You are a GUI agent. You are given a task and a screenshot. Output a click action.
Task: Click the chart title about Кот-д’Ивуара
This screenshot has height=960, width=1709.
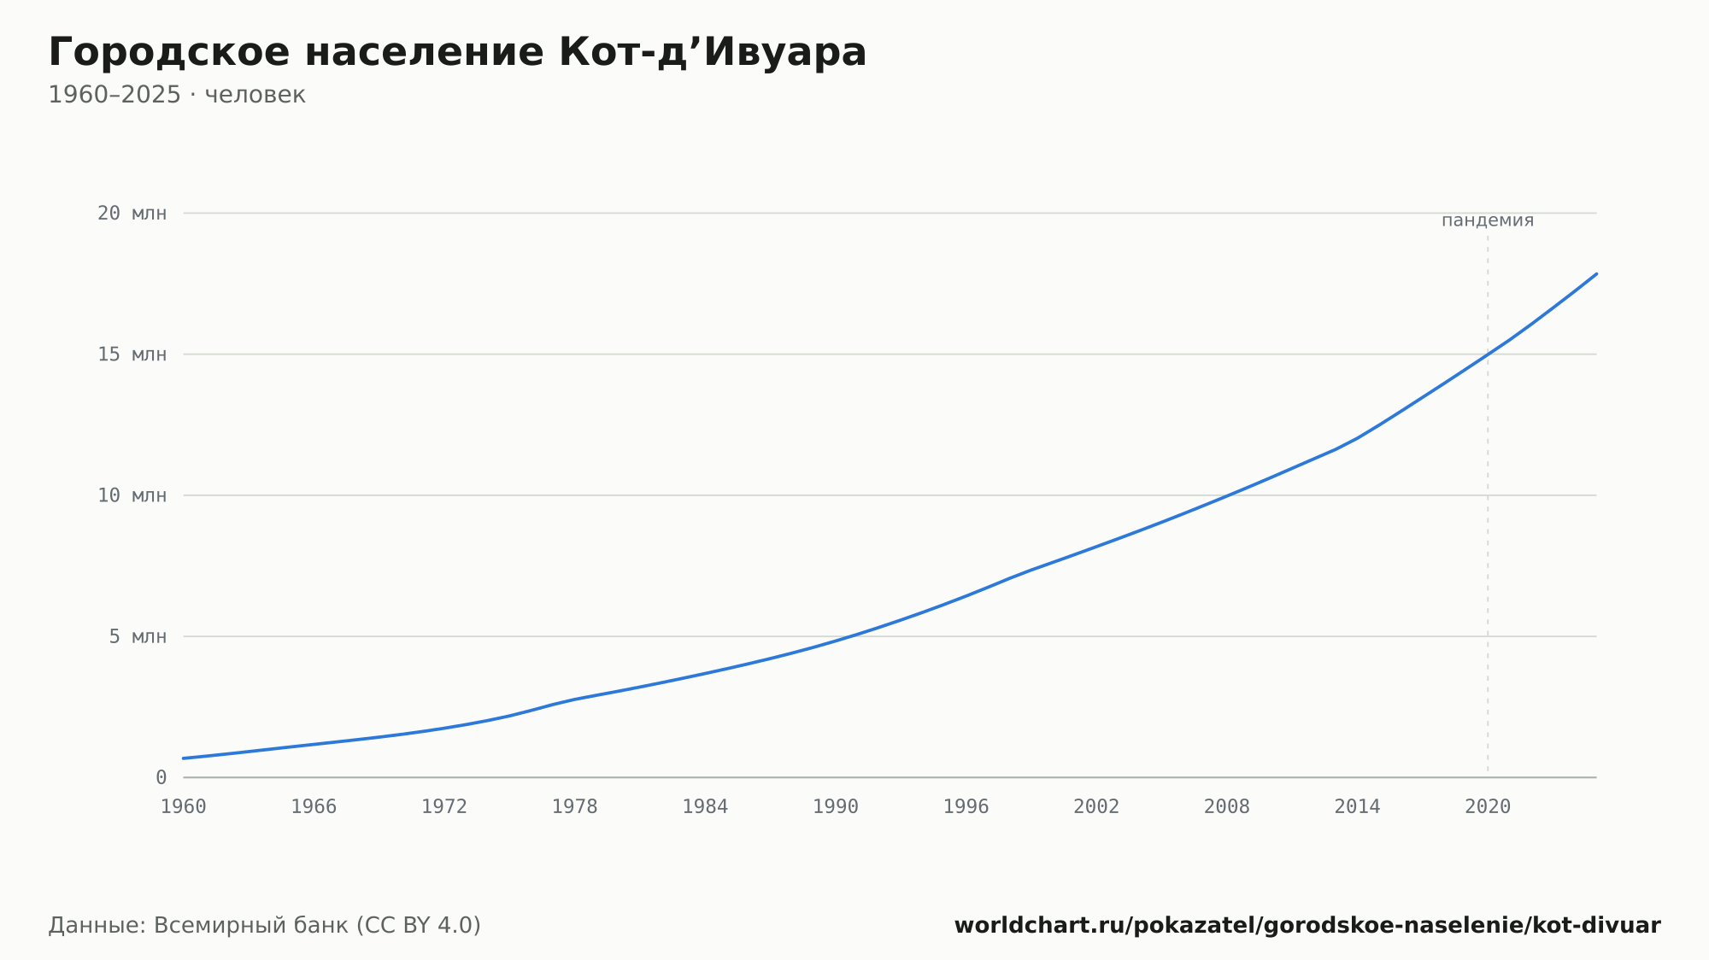coord(457,53)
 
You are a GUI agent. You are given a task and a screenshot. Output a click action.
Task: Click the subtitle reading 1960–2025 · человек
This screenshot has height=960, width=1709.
coord(177,95)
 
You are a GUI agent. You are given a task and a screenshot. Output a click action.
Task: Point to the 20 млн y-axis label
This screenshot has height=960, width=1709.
coord(132,214)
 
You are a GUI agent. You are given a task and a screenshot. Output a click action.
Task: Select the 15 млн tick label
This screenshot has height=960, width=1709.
coord(132,354)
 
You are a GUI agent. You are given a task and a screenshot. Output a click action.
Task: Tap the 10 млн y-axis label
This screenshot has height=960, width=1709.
coord(132,495)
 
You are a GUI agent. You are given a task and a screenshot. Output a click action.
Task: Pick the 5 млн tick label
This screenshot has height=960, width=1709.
coord(138,636)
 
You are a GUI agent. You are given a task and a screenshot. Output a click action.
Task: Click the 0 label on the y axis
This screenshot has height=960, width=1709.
coord(161,778)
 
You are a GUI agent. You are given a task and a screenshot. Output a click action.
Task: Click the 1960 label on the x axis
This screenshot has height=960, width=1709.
coord(184,807)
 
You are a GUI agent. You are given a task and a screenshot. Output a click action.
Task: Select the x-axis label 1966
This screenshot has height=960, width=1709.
coord(314,807)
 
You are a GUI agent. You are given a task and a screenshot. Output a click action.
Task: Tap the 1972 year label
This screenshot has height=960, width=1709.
coord(444,807)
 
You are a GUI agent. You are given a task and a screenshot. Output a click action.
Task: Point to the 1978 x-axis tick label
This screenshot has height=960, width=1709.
coord(574,807)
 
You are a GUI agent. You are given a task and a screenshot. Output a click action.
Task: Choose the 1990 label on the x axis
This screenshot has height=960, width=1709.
coord(836,807)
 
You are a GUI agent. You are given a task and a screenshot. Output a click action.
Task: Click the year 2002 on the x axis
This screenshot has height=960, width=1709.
coord(1096,807)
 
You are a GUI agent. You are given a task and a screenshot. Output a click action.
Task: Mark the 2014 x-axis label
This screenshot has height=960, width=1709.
coord(1357,807)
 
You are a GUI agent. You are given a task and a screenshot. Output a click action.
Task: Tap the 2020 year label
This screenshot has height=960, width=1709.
coord(1488,807)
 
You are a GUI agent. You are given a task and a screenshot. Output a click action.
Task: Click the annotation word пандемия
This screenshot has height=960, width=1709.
coord(1488,220)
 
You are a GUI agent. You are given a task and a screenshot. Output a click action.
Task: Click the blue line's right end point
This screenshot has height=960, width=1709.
coord(1596,274)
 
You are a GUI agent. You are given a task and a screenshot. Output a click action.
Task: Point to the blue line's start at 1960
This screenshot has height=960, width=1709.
coord(184,758)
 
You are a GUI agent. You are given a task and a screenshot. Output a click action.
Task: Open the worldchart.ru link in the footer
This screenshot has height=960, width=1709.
coord(1307,925)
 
